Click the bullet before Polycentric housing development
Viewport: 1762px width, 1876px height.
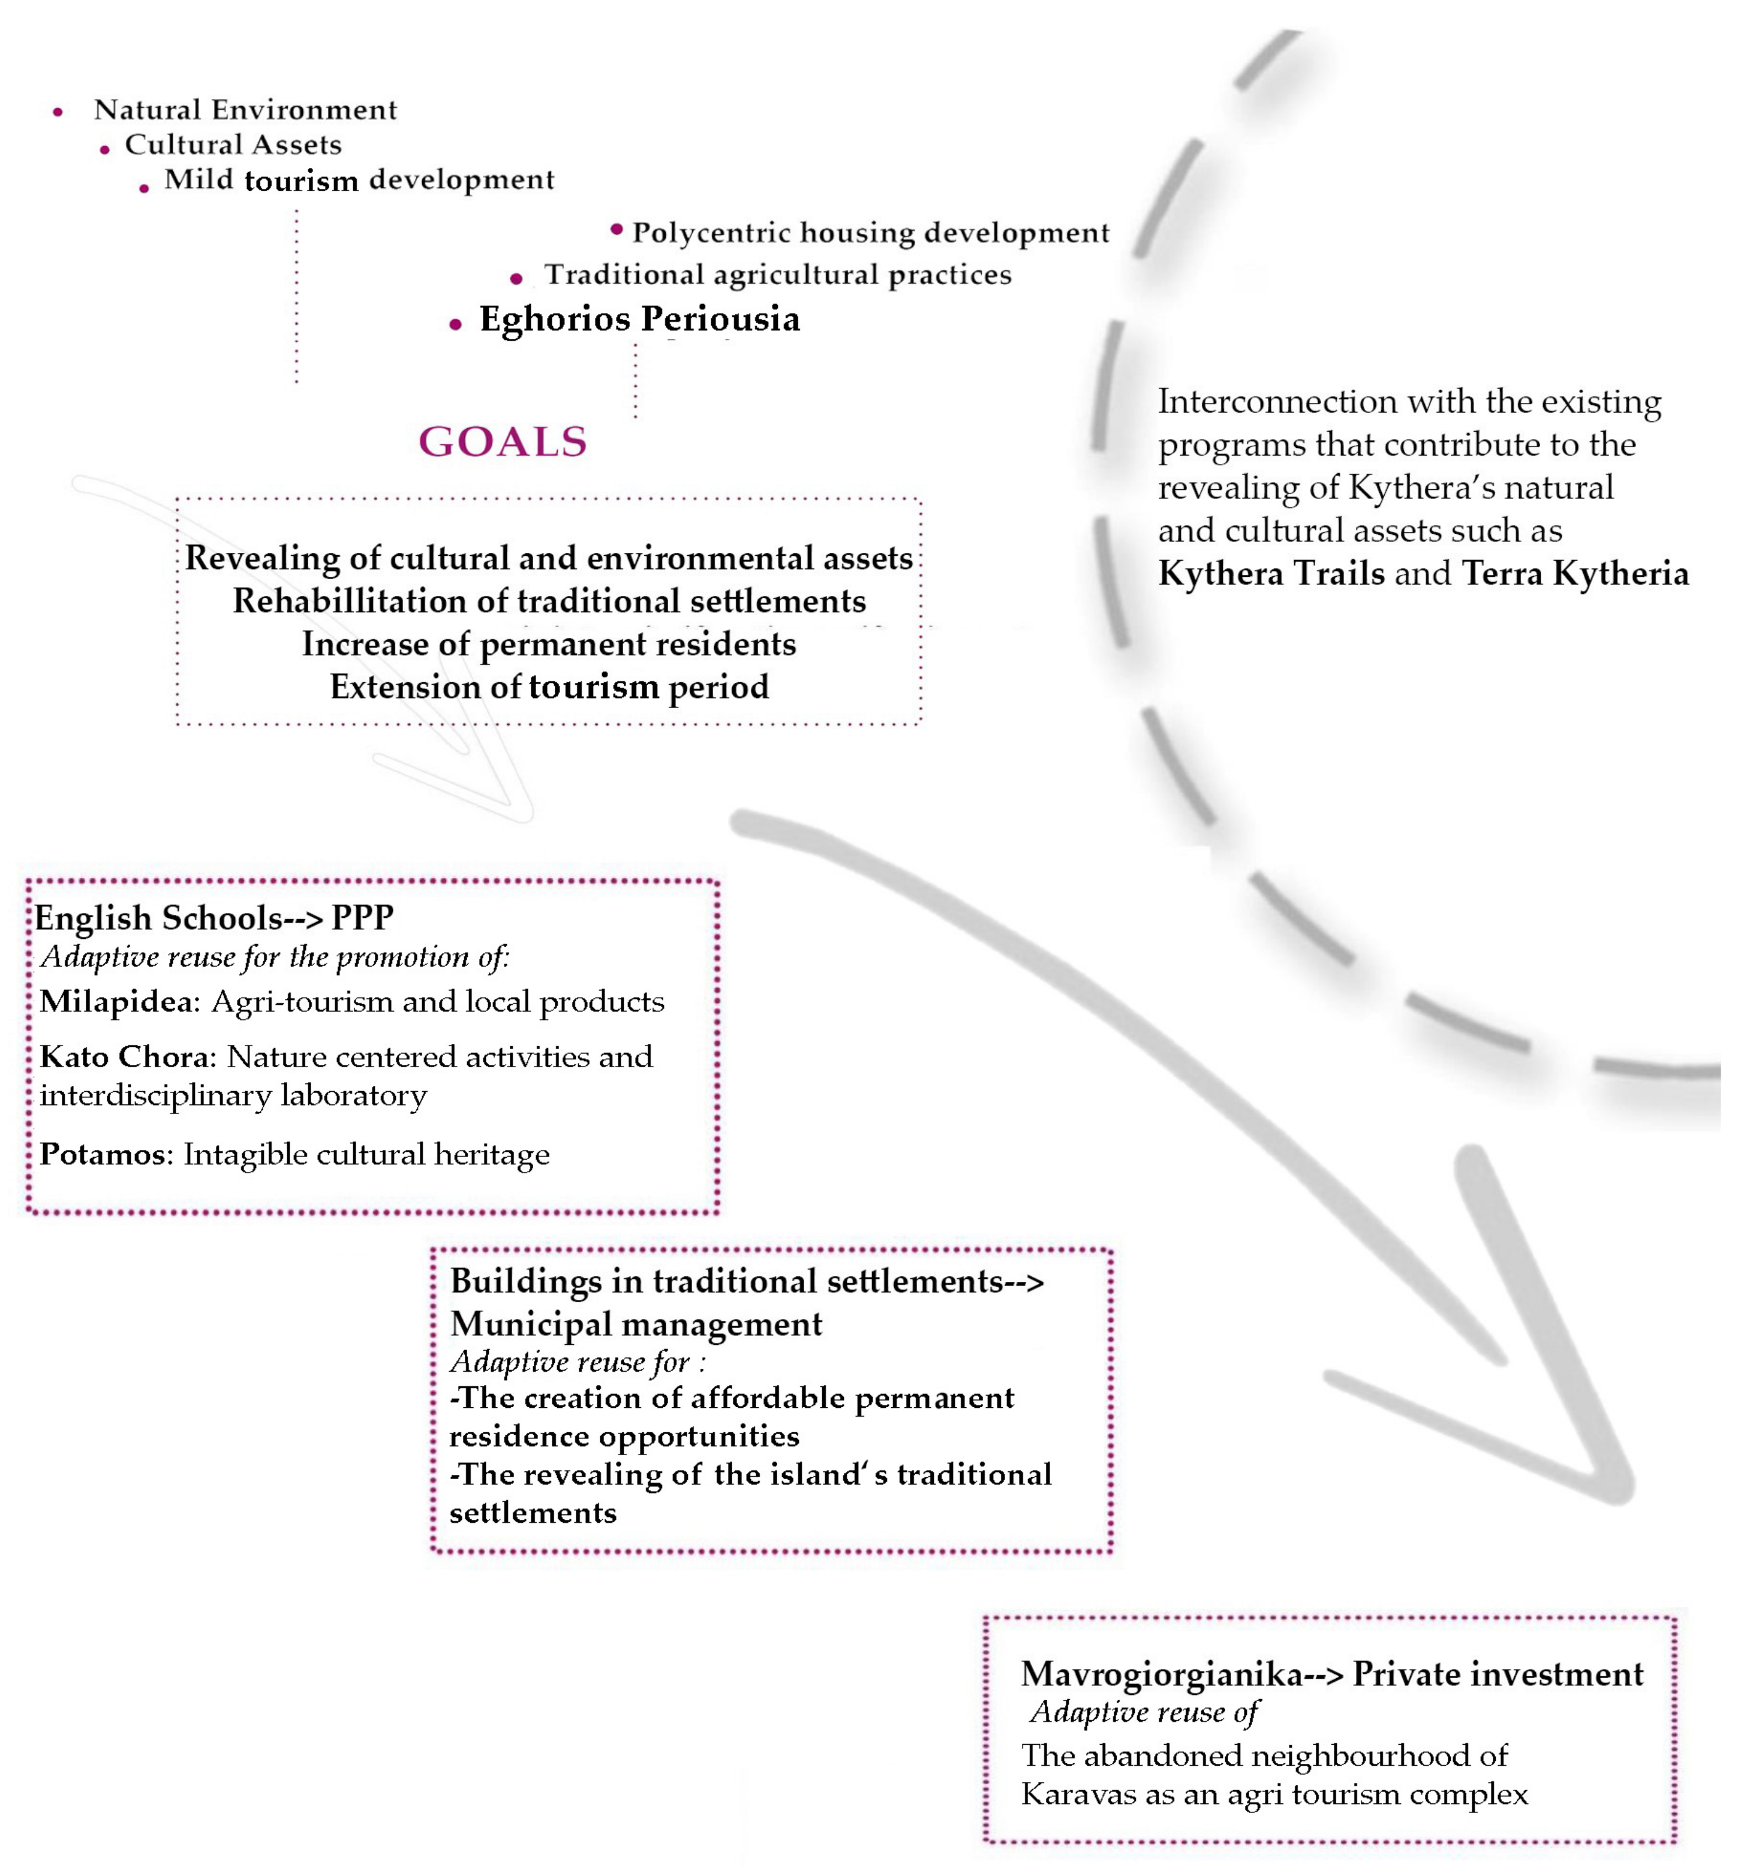(617, 229)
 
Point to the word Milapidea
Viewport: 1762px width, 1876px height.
(117, 1001)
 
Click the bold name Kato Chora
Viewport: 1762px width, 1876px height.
(127, 1056)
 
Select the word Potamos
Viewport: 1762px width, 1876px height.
(102, 1154)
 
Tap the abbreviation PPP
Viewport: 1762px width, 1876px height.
(362, 917)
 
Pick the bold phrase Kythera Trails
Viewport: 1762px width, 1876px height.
(1270, 573)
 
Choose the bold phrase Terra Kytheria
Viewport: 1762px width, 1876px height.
(1574, 573)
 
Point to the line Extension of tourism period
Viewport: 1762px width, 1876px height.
(549, 686)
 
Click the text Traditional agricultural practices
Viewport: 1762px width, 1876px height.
(778, 275)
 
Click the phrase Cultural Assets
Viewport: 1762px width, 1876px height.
(233, 144)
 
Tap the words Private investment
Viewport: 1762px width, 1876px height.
(1498, 1673)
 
